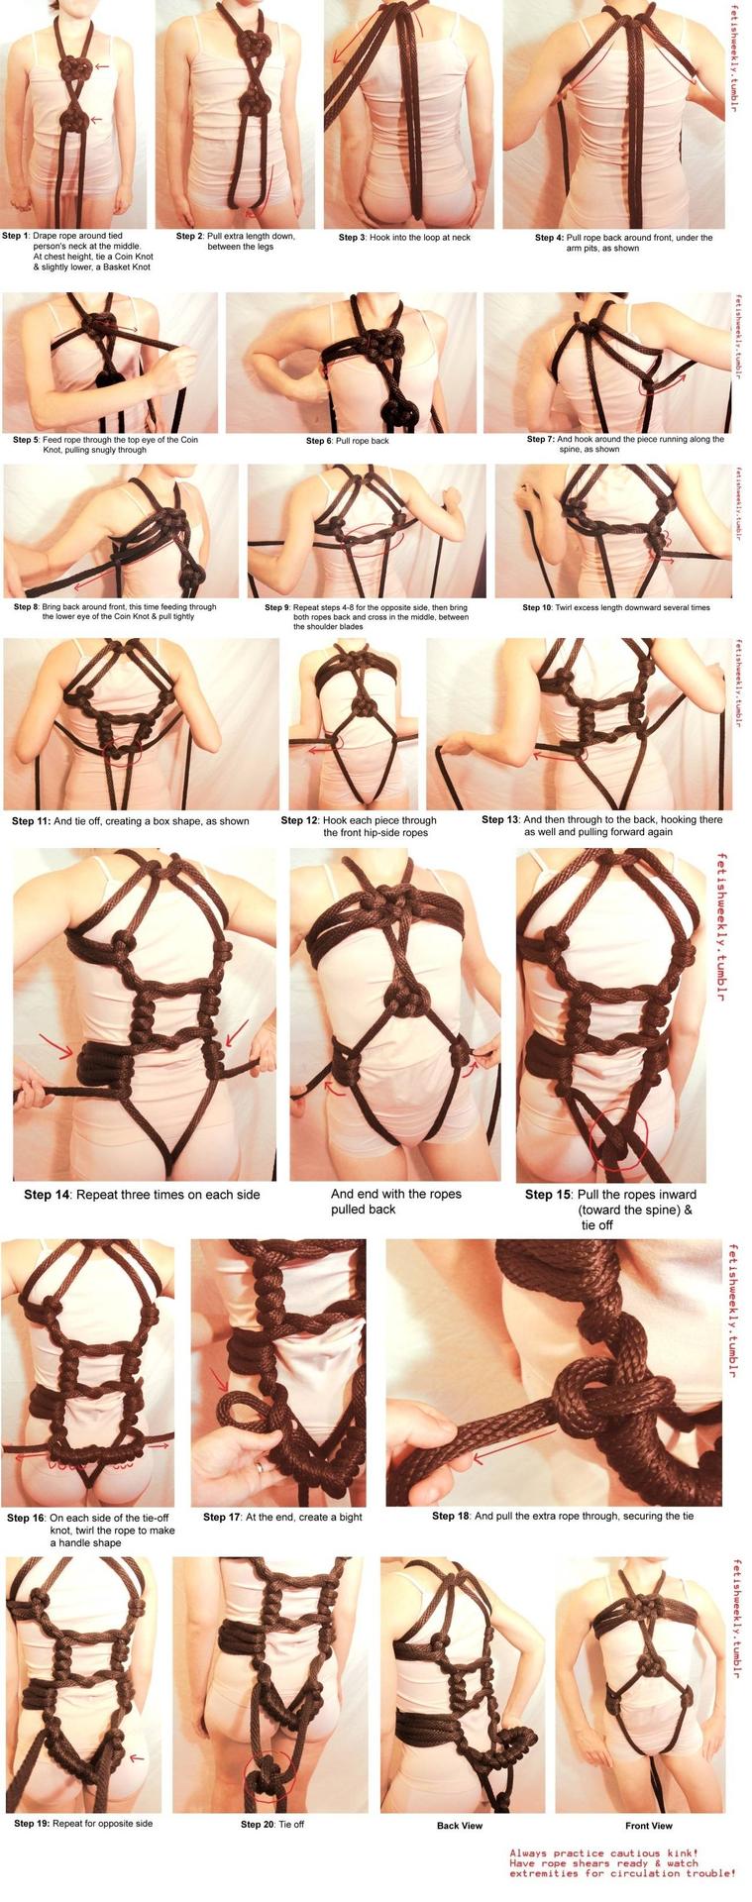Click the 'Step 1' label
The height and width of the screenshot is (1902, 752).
[x=15, y=236]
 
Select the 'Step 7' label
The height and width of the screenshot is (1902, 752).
[x=540, y=439]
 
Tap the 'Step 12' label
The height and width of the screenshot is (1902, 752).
[x=299, y=820]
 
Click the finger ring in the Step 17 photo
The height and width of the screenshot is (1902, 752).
[x=261, y=1467]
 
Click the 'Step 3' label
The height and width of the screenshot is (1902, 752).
[x=352, y=238]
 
